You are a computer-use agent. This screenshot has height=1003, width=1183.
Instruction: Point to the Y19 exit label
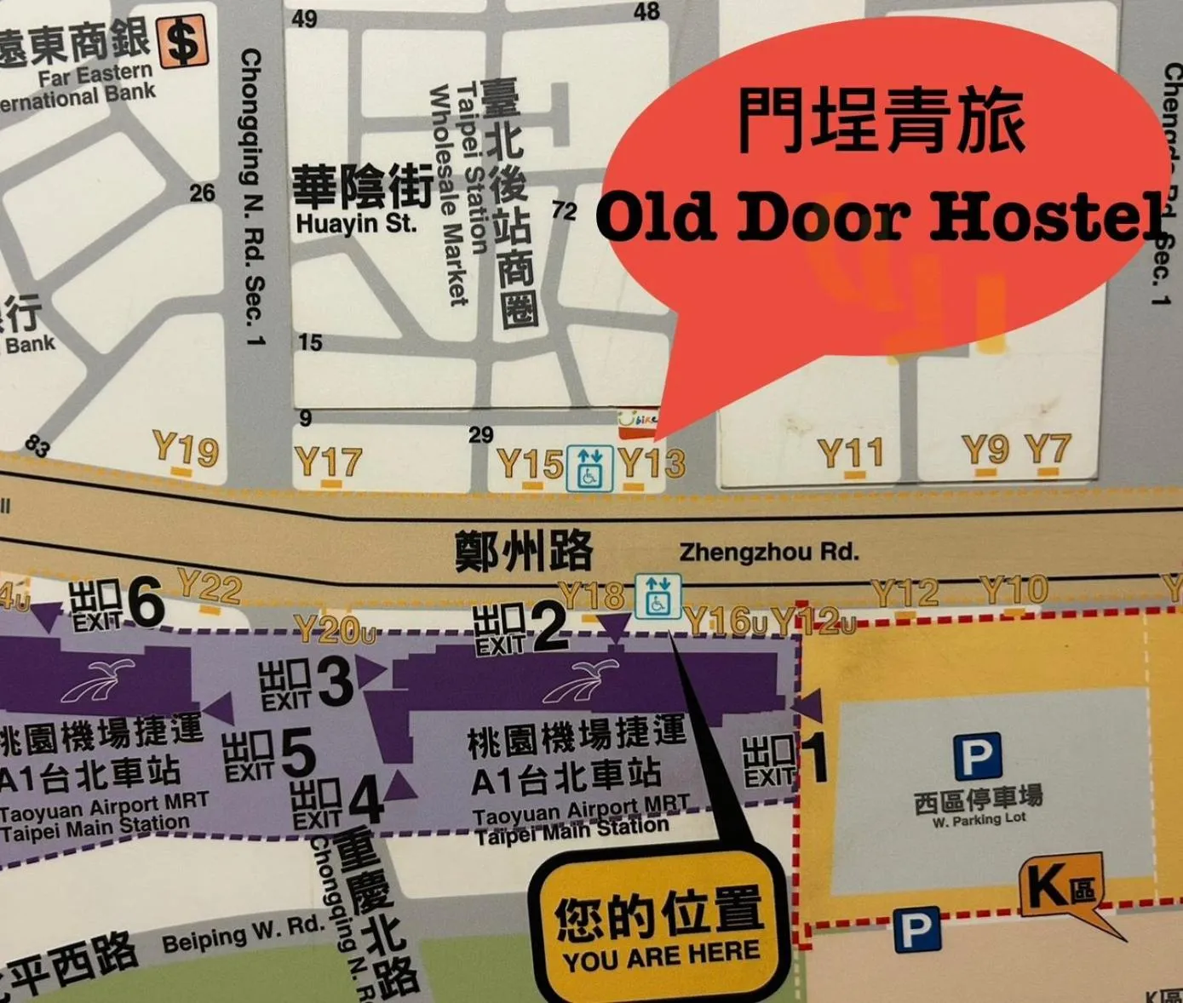coord(186,449)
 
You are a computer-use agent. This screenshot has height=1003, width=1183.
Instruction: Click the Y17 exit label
coord(329,462)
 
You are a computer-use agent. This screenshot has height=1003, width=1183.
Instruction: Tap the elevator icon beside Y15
coord(589,467)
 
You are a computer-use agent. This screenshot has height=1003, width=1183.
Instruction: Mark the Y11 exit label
coord(850,454)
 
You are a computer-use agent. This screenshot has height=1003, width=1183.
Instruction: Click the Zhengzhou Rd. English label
coord(768,553)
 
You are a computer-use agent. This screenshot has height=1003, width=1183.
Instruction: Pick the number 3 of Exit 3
coord(335,682)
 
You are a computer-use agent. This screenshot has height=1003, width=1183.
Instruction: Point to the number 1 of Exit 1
coord(815,758)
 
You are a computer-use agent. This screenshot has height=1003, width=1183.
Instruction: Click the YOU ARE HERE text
coord(660,957)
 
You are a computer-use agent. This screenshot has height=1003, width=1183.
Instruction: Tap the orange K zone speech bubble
coord(1060,887)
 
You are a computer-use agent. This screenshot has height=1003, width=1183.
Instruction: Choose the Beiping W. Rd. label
coord(244,934)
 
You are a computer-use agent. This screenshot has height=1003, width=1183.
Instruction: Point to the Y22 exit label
coord(210,587)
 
